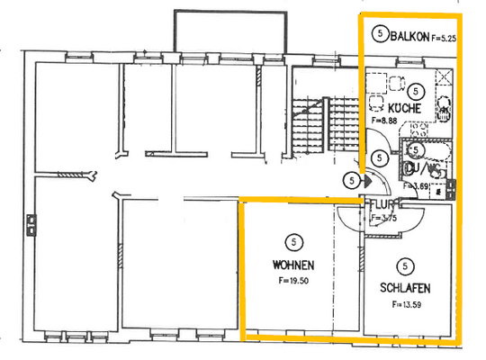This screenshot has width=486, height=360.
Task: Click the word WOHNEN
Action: [292, 265]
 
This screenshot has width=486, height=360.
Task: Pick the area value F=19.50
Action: [292, 279]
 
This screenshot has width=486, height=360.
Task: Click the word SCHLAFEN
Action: [404, 289]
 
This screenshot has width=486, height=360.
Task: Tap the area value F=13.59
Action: [404, 304]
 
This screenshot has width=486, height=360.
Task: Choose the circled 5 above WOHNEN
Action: [292, 240]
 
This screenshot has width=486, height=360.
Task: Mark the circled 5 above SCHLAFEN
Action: [404, 265]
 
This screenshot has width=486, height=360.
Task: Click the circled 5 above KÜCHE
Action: [415, 91]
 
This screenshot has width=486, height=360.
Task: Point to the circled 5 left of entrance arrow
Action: [349, 179]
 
